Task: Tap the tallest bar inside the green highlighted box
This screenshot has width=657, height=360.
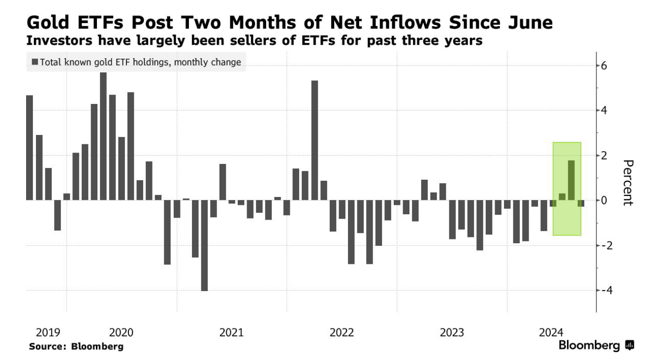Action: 571,180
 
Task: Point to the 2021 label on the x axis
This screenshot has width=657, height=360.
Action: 231,333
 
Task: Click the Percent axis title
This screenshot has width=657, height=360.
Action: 627,182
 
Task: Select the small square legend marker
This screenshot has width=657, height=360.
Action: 34,62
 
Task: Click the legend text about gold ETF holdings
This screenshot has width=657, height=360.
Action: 140,63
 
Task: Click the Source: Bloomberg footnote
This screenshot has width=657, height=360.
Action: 76,346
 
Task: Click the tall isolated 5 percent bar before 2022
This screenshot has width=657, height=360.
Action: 314,140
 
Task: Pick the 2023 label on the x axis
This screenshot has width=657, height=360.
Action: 452,333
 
